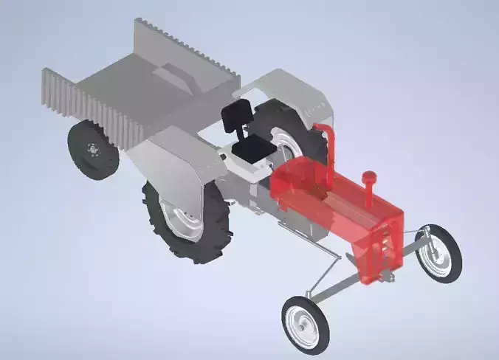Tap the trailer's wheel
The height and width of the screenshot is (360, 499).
tap(93, 150)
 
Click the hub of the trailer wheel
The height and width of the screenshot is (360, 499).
tap(92, 149)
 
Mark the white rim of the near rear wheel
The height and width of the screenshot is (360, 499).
tap(180, 221)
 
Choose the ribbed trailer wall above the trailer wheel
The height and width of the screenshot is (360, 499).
tap(89, 103)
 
